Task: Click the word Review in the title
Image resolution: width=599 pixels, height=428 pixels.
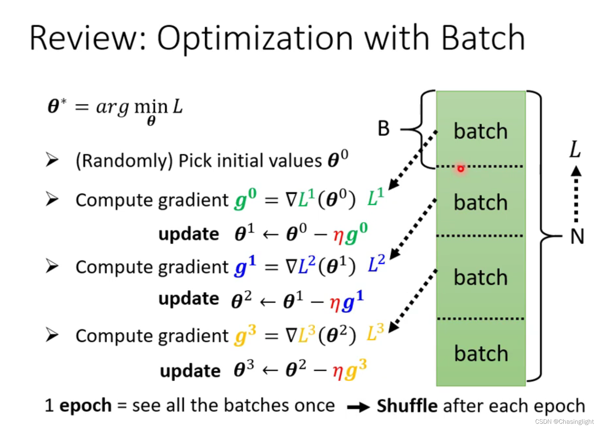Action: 84,38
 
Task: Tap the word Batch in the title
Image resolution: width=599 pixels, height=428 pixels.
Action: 483,38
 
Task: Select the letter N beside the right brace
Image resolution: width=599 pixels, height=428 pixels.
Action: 577,236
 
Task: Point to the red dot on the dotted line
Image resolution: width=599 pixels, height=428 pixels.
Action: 461,168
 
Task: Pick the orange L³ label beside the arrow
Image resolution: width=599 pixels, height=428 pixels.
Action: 375,332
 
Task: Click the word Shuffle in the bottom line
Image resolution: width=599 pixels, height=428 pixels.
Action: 407,406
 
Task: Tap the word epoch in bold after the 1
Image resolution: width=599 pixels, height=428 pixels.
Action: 85,406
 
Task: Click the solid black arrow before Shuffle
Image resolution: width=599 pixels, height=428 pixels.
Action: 358,407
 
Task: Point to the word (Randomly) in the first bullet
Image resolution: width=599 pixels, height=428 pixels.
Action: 124,161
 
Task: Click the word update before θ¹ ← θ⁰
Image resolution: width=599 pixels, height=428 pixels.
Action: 189,234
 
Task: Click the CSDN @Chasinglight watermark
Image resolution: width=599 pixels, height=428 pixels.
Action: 564,421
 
